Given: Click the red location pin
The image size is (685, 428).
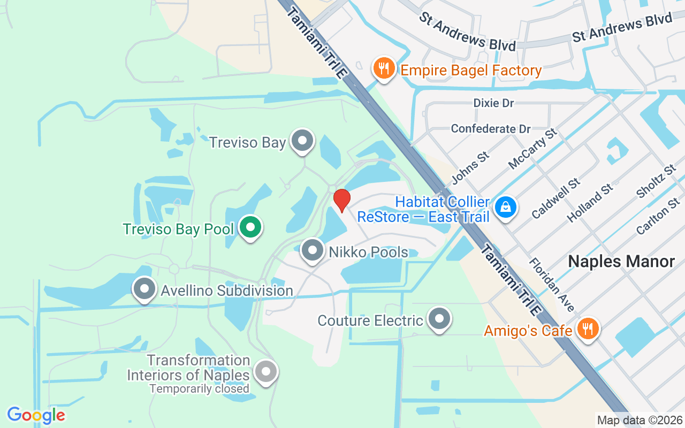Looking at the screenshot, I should pos(341,200).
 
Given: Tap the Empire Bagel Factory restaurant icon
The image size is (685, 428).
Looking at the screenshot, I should pos(384,69).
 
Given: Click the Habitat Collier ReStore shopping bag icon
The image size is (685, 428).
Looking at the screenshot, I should pos(505,207).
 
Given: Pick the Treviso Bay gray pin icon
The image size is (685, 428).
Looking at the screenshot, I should pos(302,141).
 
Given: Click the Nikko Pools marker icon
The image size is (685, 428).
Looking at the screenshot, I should pos(313,250).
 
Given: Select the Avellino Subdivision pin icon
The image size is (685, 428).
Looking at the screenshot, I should pos(144,289).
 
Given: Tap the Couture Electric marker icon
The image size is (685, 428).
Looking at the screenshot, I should pos(439,319).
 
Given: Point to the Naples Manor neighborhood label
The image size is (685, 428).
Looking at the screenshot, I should pos(621,262).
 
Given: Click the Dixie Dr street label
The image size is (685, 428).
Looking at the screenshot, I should pos(493,103).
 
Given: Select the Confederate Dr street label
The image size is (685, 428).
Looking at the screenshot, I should pos(491,129).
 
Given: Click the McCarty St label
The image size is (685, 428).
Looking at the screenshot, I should pos(532,148).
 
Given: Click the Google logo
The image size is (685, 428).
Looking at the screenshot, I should pos(36,415).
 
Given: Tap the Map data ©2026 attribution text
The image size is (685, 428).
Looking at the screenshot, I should pos(640,420).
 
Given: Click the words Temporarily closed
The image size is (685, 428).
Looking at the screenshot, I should pos(199,389).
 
